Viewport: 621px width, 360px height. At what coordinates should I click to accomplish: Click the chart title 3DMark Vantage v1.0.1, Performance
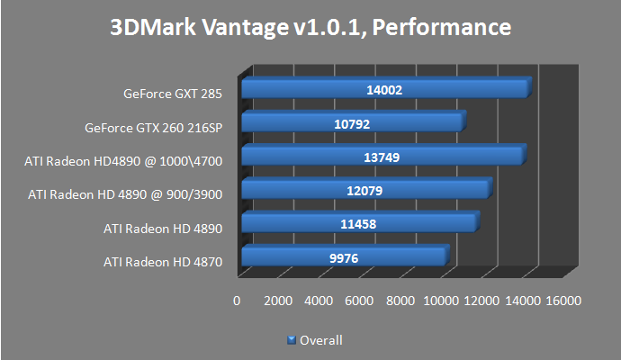(310, 28)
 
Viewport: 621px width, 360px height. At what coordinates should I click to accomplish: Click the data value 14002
(383, 90)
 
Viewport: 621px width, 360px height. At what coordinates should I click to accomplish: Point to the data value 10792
(352, 123)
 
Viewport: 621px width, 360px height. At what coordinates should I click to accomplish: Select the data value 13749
(381, 157)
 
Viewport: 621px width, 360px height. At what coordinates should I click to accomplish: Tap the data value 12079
(364, 191)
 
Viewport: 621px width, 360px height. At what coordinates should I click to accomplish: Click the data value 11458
(358, 224)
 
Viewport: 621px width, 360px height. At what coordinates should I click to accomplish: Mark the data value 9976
(343, 258)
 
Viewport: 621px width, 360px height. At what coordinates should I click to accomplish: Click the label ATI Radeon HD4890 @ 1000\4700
(123, 161)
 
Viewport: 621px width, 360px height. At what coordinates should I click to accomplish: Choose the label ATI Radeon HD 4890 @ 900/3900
(125, 194)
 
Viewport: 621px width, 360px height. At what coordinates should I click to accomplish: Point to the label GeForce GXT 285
(173, 94)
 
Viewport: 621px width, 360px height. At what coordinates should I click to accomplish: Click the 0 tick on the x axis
(237, 301)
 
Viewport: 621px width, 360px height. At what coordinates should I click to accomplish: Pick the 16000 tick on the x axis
(563, 301)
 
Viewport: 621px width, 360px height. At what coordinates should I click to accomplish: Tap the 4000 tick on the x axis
(319, 301)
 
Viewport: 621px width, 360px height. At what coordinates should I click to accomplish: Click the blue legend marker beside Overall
(291, 340)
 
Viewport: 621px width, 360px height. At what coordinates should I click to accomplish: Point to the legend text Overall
(320, 340)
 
